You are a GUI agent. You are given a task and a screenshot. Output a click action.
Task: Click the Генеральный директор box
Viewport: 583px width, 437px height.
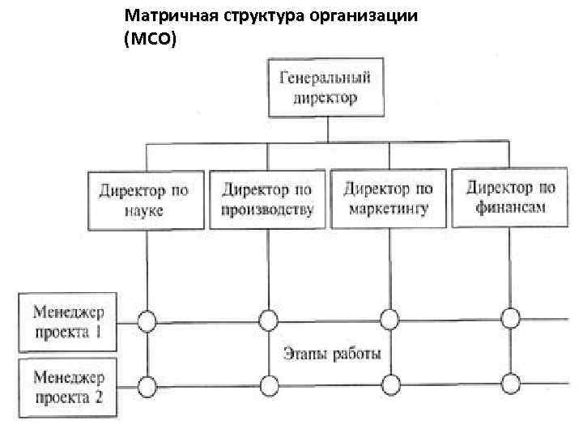(x=326, y=88)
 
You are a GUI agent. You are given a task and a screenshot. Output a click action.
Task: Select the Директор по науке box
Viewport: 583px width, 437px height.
(x=146, y=199)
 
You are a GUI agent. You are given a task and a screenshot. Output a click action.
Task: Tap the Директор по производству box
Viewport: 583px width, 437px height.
(x=267, y=199)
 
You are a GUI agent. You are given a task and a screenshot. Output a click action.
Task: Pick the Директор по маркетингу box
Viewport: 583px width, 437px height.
(x=389, y=198)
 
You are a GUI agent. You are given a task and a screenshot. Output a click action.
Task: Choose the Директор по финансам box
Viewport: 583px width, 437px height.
(x=511, y=196)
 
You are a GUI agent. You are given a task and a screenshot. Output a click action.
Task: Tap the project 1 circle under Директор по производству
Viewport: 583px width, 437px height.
(x=268, y=318)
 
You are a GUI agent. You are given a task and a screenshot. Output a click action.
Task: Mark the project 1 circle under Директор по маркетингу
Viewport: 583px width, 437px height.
(x=389, y=318)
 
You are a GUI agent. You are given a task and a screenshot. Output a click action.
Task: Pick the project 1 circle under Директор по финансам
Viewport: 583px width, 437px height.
(x=511, y=316)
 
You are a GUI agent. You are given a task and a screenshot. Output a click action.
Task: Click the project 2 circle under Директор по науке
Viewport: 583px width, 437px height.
(x=146, y=384)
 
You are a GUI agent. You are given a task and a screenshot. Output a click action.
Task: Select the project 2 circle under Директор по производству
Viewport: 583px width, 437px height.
(x=268, y=383)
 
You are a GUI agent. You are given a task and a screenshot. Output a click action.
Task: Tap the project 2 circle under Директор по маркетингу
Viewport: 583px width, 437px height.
(x=389, y=382)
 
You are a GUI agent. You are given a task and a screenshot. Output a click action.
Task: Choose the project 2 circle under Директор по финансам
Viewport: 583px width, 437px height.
(x=511, y=380)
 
